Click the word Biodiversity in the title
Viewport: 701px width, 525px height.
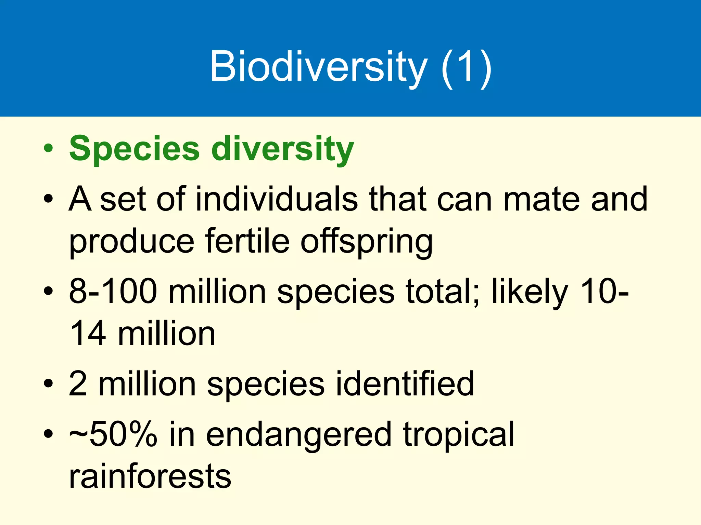pos(318,67)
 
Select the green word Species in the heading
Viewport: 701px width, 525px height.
pos(134,149)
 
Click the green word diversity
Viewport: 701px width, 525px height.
pos(282,149)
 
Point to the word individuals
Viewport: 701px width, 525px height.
pos(276,199)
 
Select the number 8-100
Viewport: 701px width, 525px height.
pos(113,291)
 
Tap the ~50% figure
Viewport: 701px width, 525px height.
pos(113,434)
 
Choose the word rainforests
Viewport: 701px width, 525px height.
pos(150,476)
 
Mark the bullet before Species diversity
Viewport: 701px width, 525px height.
pos(48,149)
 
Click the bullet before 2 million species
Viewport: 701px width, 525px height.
pos(48,384)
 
